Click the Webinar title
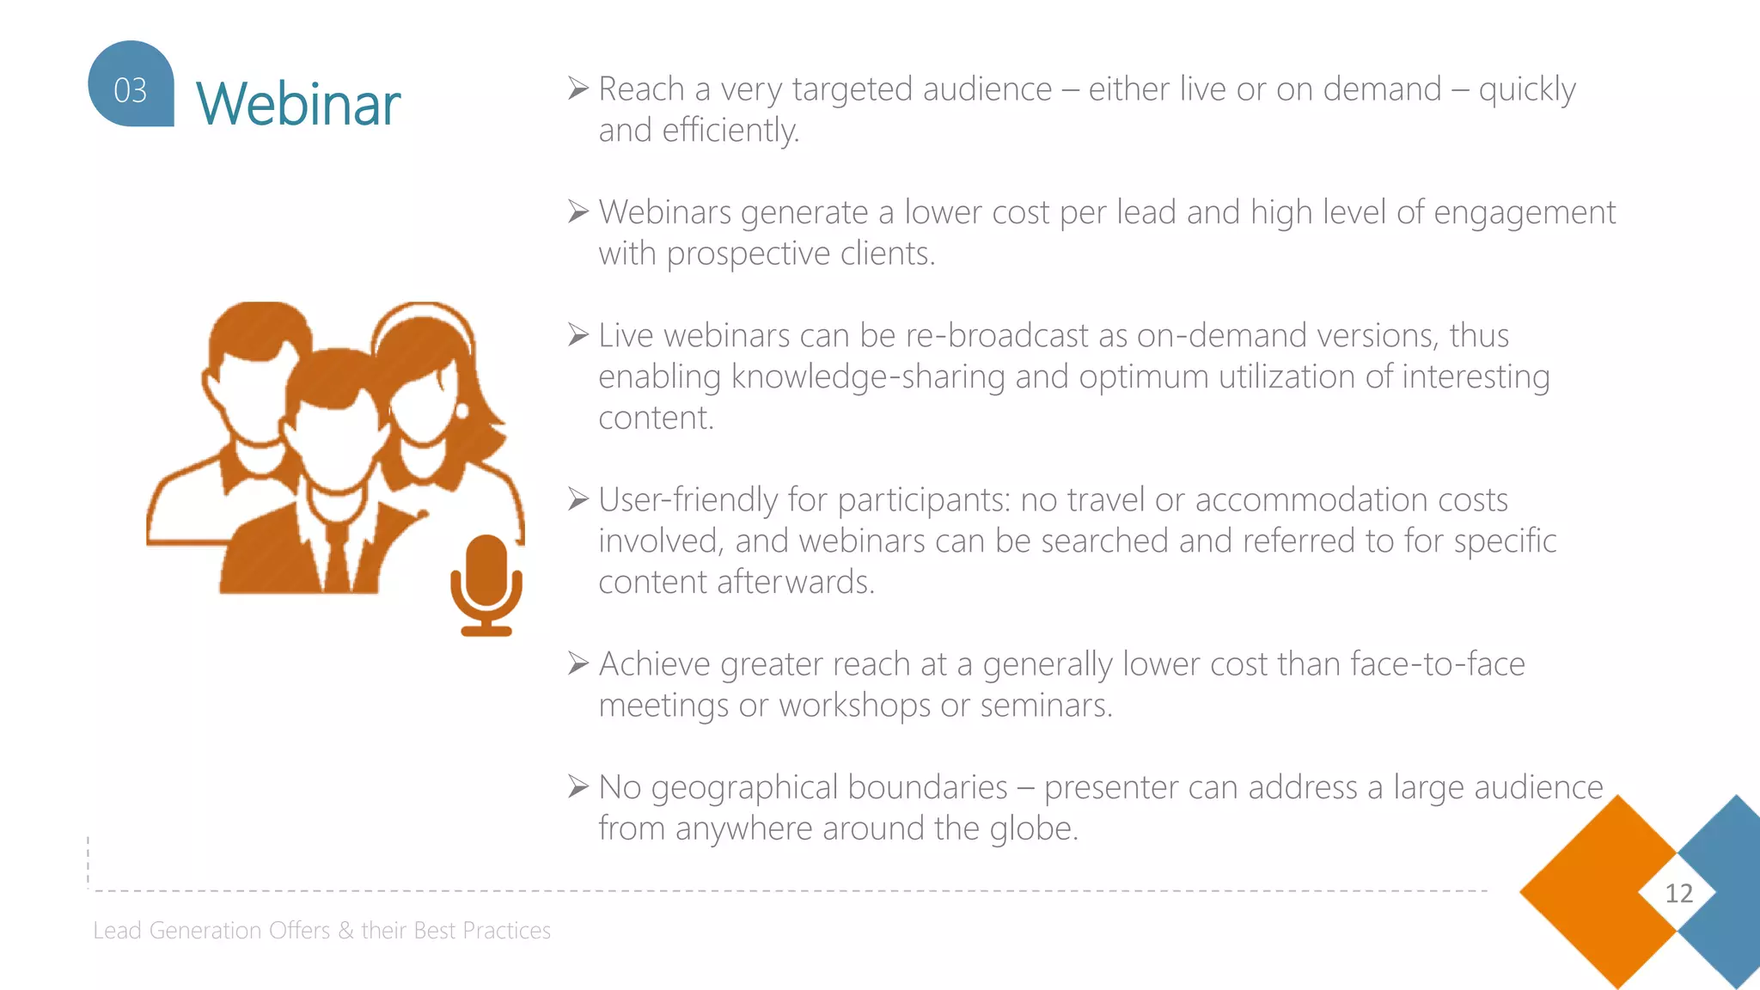click(297, 103)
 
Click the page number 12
click(1678, 894)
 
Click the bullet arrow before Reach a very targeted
click(578, 89)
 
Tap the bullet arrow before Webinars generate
click(578, 211)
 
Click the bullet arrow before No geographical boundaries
click(578, 786)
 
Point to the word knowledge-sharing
click(868, 376)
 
